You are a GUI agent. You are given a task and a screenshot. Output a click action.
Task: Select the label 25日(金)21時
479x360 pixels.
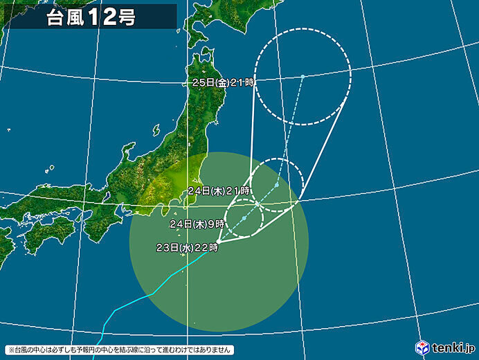[x=224, y=82]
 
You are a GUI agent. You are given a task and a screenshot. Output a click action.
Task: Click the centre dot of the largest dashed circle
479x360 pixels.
[x=302, y=76]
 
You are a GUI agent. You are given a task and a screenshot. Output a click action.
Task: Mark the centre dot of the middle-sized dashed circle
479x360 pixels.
[x=276, y=185]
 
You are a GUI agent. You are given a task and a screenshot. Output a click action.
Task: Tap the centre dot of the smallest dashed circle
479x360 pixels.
[x=244, y=219]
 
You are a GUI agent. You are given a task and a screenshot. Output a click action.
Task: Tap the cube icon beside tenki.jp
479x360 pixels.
[x=422, y=346]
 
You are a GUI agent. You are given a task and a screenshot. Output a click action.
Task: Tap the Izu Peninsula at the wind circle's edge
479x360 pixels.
[x=165, y=209]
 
